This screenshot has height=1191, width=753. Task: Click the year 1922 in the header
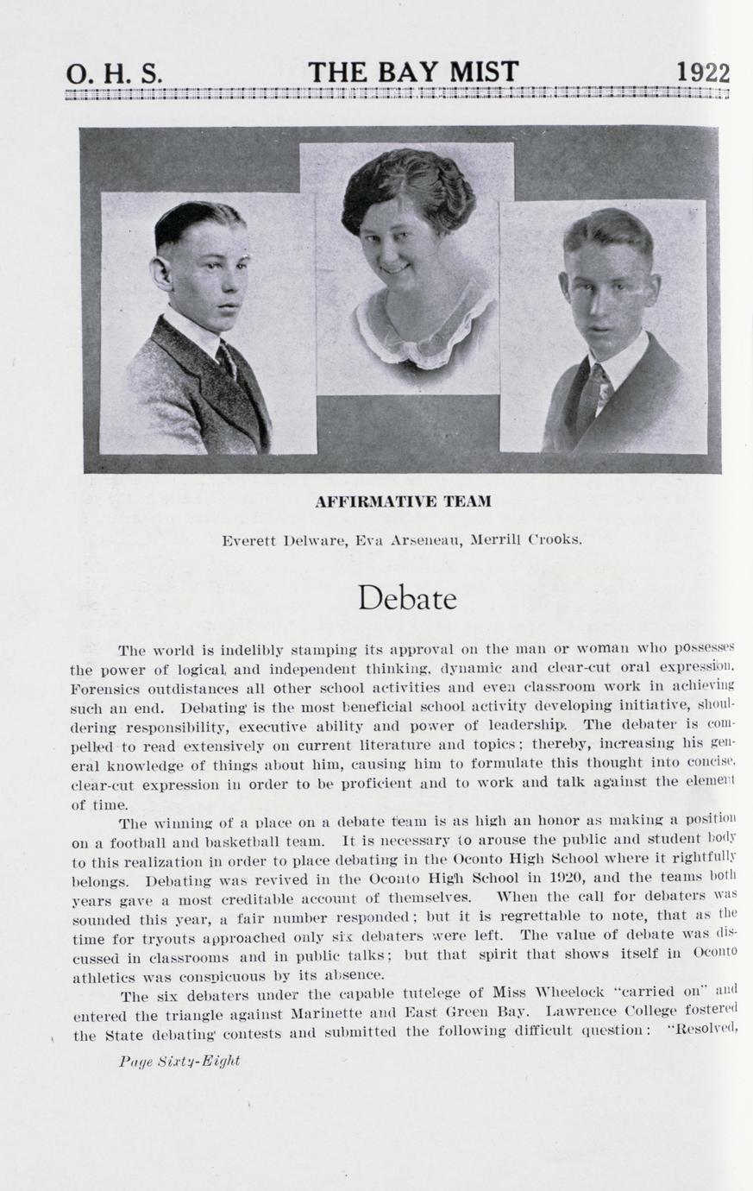[x=703, y=72]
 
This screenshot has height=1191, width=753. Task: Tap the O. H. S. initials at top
[x=114, y=74]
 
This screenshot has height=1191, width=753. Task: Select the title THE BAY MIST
[x=413, y=72]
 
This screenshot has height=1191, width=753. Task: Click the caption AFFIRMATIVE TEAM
[x=403, y=501]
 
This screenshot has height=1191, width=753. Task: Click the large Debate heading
[x=407, y=598]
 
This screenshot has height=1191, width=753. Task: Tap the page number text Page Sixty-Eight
[x=179, y=1061]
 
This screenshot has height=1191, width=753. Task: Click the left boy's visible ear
[x=161, y=273]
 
